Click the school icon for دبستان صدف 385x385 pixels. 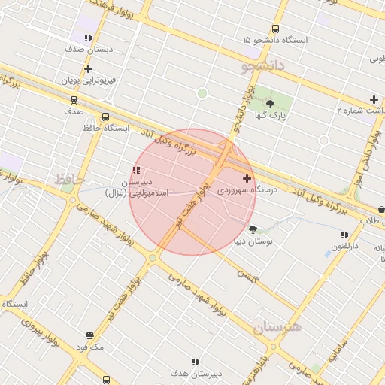click(88, 37)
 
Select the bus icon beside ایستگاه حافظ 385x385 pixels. click(105, 117)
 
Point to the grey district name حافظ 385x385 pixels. click(68, 179)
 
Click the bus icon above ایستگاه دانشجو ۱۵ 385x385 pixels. click(275, 29)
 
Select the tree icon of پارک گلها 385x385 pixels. click(271, 103)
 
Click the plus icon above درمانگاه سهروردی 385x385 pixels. click(247, 178)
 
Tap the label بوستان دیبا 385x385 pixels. click(253, 242)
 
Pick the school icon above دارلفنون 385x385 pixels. click(345, 235)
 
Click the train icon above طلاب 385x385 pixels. click(381, 209)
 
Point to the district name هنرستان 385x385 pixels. click(276, 327)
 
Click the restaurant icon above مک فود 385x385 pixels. click(90, 335)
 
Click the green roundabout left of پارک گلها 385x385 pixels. click(202, 93)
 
